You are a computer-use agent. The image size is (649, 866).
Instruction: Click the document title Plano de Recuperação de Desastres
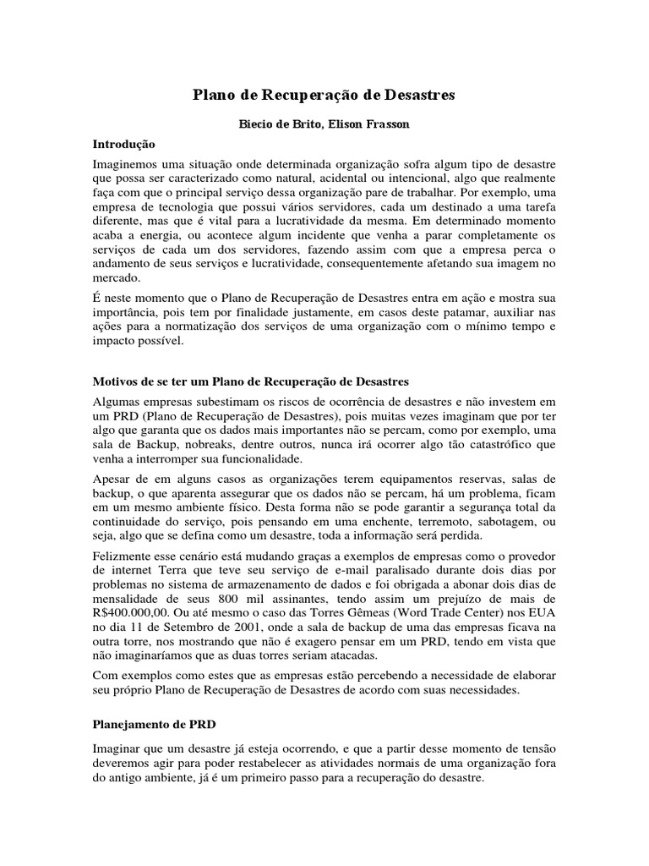click(x=324, y=95)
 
